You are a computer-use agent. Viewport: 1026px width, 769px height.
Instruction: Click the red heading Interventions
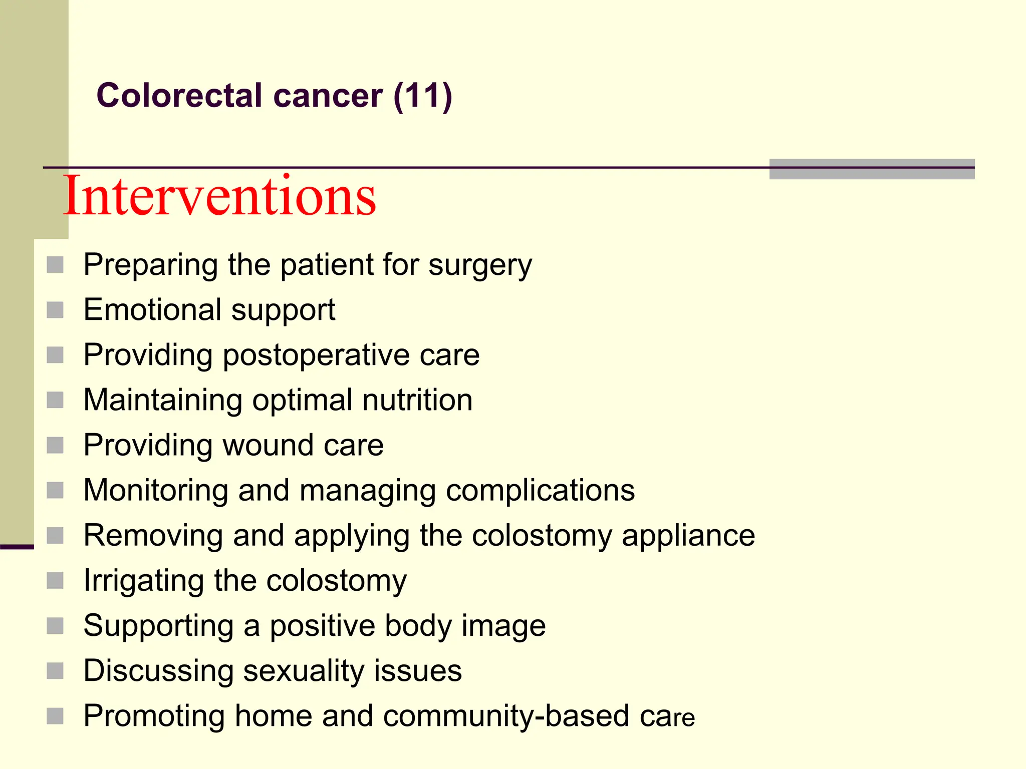click(x=219, y=196)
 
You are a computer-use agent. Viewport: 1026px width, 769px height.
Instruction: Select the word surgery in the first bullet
click(x=480, y=265)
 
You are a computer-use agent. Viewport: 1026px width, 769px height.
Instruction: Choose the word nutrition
click(x=417, y=400)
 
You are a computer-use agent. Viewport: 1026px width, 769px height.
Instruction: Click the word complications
click(x=540, y=490)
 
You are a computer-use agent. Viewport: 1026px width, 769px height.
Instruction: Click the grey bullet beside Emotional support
click(x=55, y=310)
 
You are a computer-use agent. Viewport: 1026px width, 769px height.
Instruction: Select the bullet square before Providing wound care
click(x=55, y=445)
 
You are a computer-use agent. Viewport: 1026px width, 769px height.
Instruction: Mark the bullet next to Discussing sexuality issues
click(x=55, y=671)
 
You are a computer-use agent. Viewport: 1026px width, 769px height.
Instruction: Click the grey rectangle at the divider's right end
click(x=872, y=169)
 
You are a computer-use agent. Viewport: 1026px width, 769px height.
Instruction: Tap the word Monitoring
click(x=156, y=490)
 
